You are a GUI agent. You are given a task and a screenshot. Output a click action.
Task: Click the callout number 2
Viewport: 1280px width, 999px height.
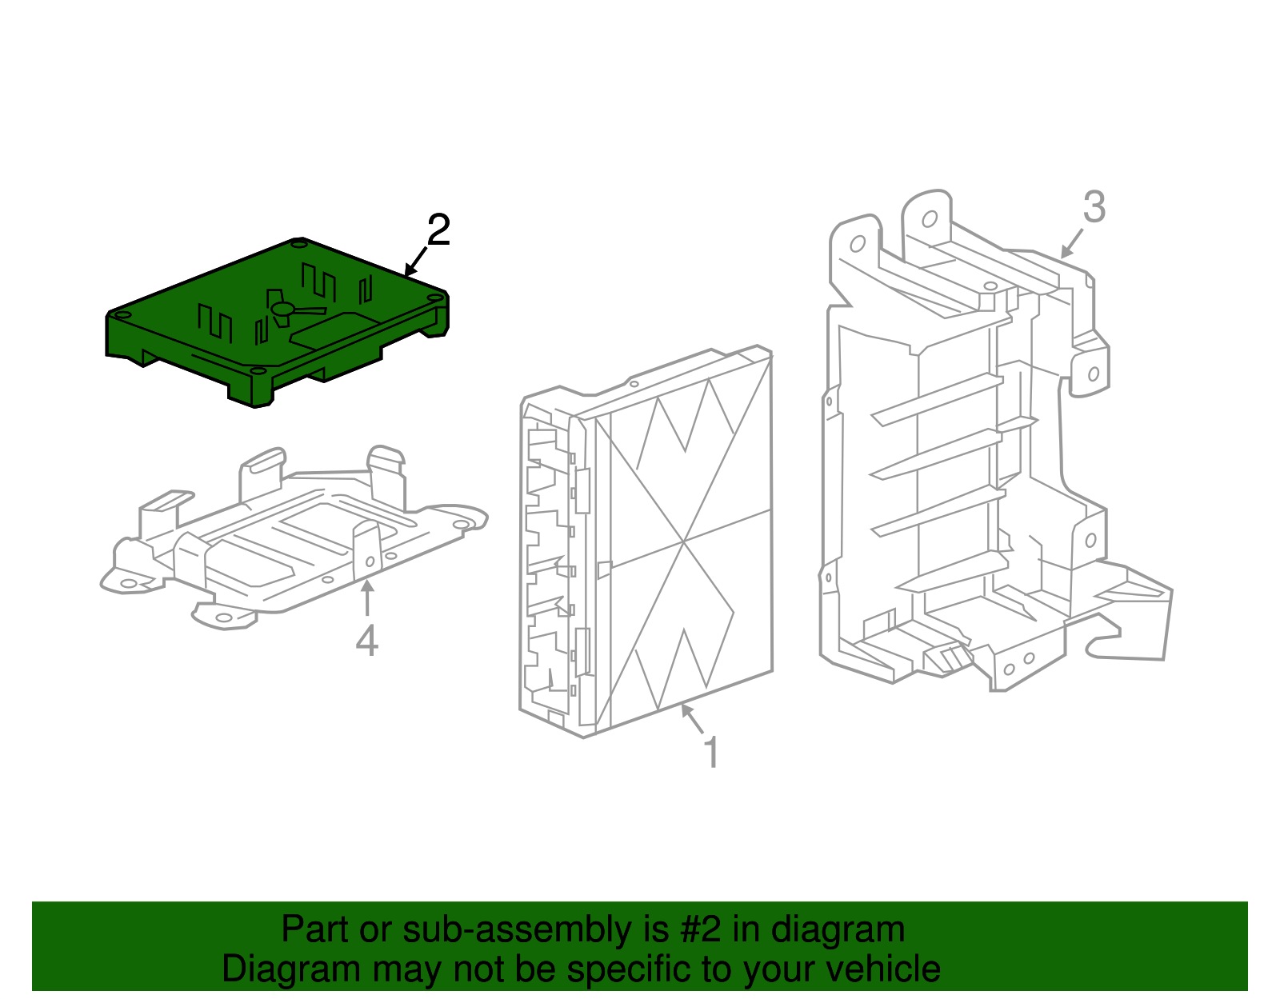coord(438,230)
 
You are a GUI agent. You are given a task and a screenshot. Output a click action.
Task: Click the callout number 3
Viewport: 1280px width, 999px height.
coord(1094,207)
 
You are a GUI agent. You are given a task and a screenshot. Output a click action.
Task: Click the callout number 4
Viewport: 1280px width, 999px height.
coord(366,641)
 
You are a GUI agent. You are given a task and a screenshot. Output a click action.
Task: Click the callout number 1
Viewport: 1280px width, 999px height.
coord(711,753)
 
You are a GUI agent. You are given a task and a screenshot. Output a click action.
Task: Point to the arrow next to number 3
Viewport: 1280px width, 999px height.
coord(1072,243)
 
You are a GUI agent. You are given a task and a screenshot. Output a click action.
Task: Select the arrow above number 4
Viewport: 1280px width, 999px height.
coord(366,598)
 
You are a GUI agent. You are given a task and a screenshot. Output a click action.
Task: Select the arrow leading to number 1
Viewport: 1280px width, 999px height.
coord(692,718)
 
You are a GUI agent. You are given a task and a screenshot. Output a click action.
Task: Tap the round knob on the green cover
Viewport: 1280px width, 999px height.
coord(282,309)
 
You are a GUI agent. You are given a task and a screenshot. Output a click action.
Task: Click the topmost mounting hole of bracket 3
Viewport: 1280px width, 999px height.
coord(930,219)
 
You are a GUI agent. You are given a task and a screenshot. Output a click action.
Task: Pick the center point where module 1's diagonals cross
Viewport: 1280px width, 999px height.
coord(685,541)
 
